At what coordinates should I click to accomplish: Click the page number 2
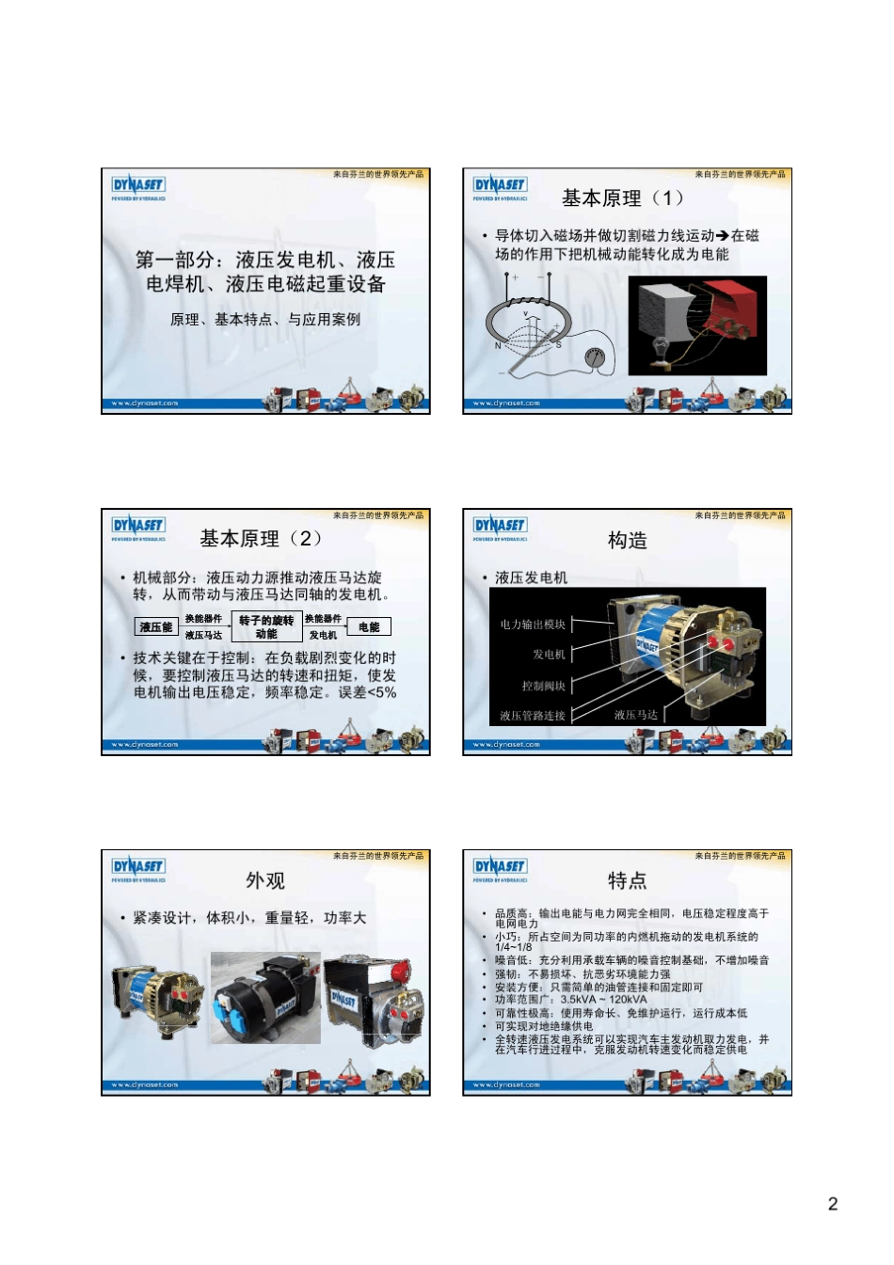832,1204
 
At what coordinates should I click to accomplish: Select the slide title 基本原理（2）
262,539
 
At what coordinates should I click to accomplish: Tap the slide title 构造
627,541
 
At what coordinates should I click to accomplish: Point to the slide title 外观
264,881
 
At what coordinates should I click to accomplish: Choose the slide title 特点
627,881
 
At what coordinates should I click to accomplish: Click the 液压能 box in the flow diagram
156,627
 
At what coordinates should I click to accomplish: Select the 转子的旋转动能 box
266,627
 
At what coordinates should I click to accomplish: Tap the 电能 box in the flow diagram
369,627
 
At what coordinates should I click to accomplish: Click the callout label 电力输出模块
533,625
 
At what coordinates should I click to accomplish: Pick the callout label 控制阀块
544,687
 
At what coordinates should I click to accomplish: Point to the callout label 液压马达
636,716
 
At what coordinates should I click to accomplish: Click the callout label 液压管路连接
533,716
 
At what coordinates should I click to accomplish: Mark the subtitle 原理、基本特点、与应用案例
265,320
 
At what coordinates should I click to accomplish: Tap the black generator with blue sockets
266,999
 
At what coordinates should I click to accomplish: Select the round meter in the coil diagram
594,357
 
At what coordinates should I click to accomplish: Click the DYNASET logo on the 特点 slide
500,867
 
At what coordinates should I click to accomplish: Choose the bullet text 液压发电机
532,577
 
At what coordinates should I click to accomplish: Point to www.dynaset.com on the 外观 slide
145,1085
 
